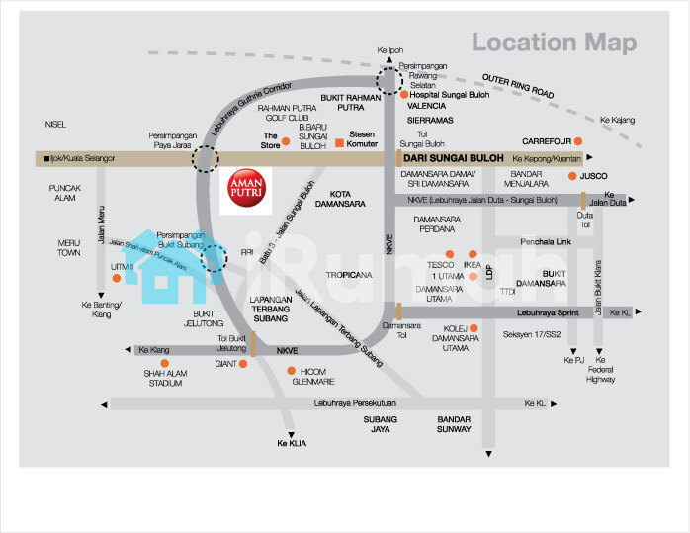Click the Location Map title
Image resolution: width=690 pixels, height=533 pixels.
(x=554, y=43)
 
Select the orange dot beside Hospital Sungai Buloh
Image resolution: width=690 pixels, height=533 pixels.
(x=403, y=95)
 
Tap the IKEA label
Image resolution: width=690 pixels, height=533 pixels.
(x=472, y=265)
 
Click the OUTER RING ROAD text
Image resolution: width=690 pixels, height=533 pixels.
(x=519, y=86)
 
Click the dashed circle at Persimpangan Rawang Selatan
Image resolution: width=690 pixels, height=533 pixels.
(x=389, y=80)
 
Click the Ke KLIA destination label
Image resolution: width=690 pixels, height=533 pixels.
(x=292, y=443)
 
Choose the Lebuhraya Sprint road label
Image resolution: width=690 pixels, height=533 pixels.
(x=546, y=312)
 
